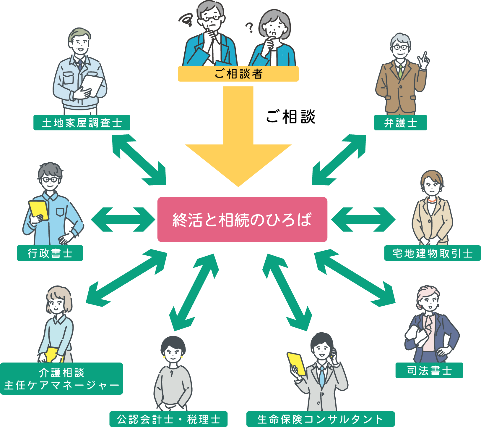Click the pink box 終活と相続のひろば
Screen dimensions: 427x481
(x=242, y=220)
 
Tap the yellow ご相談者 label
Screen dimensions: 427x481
(x=238, y=74)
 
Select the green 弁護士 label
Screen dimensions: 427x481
(x=400, y=123)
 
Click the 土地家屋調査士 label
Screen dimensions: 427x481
(x=82, y=123)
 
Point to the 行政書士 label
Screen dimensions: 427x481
(x=50, y=253)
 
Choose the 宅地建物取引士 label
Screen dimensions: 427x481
(x=432, y=253)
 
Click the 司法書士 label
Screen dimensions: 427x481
(x=429, y=370)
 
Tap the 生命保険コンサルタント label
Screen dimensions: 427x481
(x=321, y=419)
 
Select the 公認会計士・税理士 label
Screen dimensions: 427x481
(x=168, y=419)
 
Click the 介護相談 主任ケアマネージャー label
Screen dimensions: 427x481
(x=61, y=378)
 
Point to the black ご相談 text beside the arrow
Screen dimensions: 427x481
(x=291, y=117)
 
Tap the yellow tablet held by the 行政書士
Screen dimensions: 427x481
(x=39, y=209)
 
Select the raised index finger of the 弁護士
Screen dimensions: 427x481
(x=425, y=56)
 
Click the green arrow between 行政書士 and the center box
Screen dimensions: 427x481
(x=123, y=220)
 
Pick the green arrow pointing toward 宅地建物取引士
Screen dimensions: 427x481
(x=363, y=220)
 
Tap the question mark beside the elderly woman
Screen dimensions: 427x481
(x=250, y=28)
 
